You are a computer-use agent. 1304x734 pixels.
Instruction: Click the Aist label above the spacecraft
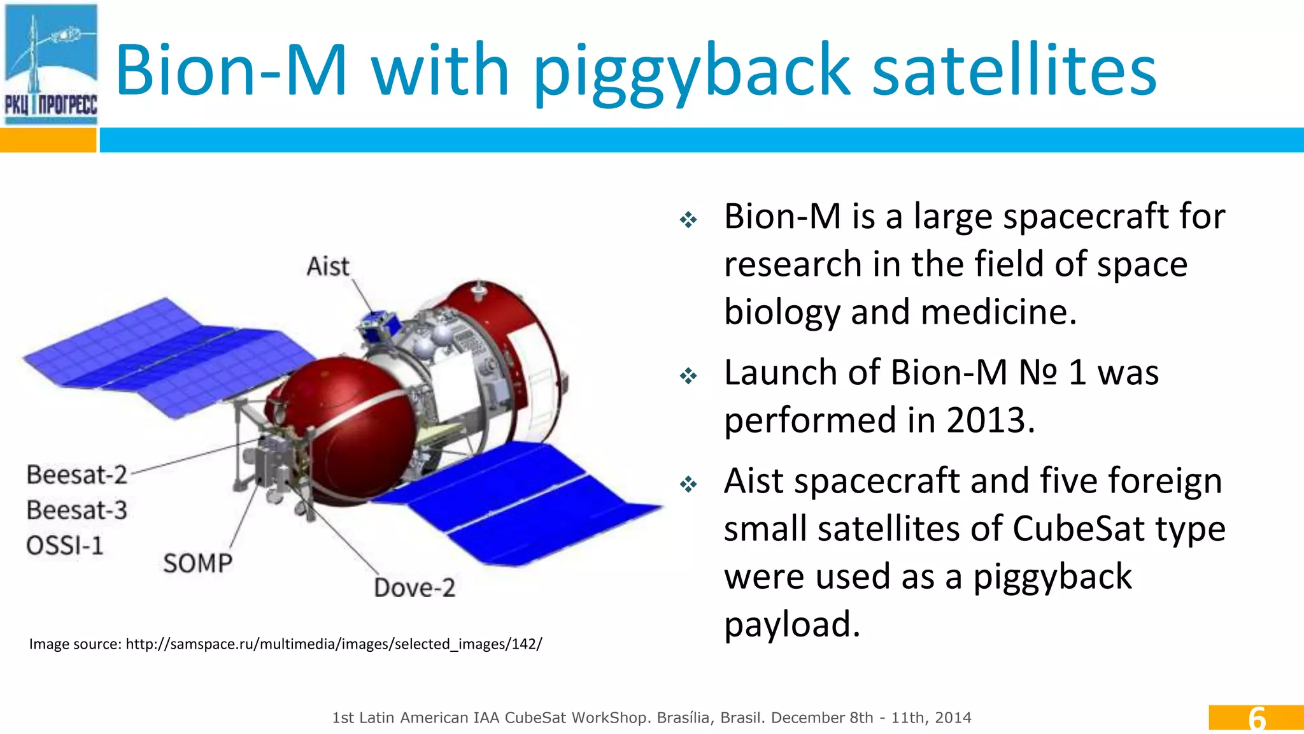pos(328,266)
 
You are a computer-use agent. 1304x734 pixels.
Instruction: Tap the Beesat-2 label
pos(77,475)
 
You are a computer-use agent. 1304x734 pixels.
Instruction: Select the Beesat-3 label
pos(77,510)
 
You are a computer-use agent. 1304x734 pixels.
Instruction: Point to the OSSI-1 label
pos(64,545)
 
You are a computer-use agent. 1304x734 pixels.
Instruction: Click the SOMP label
pos(197,563)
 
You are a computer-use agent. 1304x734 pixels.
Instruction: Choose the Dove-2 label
pos(415,587)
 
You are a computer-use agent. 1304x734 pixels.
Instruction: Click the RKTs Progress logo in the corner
pos(51,64)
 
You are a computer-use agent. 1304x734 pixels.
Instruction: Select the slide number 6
pos(1256,718)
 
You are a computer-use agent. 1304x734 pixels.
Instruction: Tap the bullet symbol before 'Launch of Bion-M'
pos(688,376)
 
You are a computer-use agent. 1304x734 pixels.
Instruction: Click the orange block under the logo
pos(48,140)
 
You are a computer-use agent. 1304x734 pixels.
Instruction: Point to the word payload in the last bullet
pos(791,624)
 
